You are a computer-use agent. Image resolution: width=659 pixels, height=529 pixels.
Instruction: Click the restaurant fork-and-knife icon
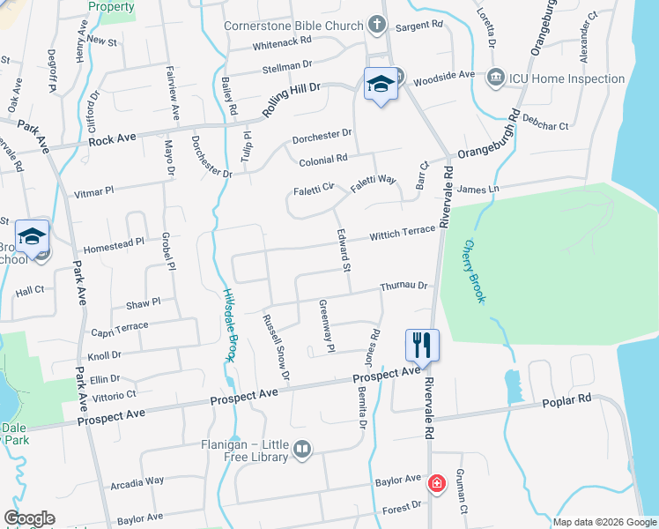(x=422, y=344)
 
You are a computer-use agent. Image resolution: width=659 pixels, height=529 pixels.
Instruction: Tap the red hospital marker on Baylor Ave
(x=435, y=483)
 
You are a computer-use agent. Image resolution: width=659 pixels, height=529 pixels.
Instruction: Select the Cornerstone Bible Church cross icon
(x=377, y=25)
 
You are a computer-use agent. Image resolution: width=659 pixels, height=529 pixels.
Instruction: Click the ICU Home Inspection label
(x=569, y=78)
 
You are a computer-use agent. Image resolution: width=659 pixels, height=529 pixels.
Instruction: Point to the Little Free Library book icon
(x=302, y=451)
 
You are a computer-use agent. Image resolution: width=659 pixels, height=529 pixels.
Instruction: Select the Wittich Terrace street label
(x=403, y=234)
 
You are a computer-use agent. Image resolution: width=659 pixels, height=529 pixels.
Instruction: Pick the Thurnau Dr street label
(x=404, y=287)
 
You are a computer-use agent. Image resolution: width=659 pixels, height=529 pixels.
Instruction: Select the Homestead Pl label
(x=113, y=243)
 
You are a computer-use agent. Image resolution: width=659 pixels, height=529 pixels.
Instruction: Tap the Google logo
(x=30, y=518)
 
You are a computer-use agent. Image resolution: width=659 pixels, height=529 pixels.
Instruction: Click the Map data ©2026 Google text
(x=604, y=522)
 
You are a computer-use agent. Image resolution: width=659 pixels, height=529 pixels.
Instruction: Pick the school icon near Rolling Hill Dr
(x=381, y=84)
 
